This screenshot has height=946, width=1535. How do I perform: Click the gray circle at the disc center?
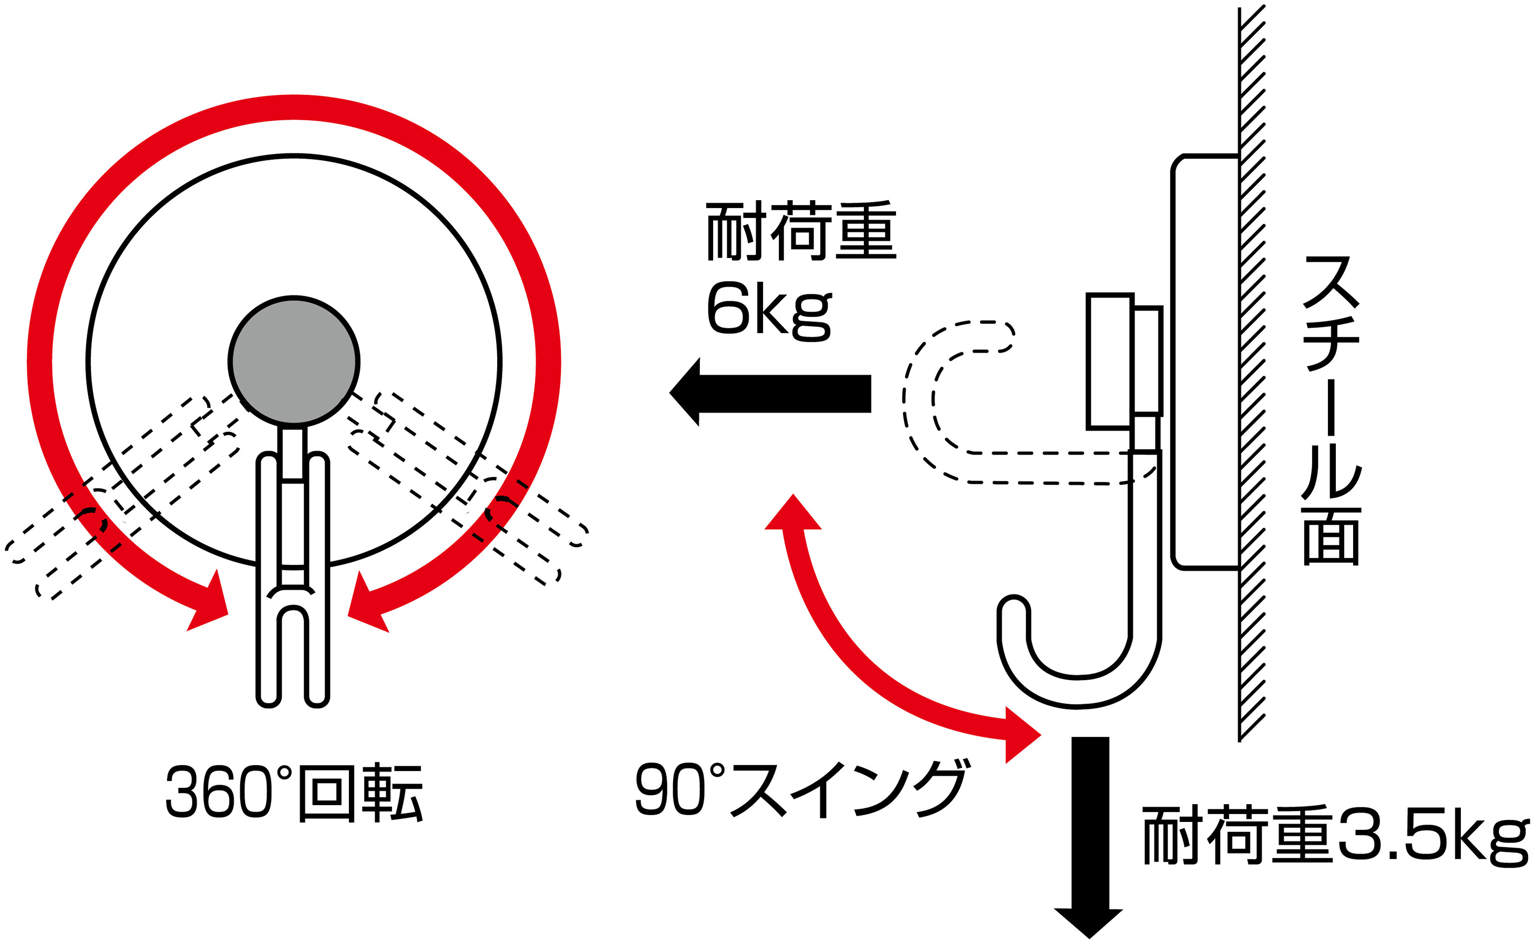293,361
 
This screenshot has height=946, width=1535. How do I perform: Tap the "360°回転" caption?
294,791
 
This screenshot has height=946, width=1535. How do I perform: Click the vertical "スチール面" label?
1331,410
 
